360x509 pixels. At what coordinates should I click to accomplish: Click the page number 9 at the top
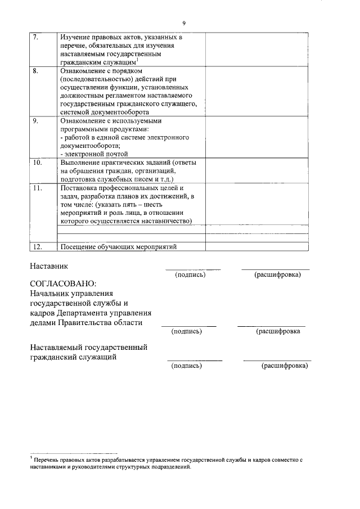pyautogui.click(x=183, y=22)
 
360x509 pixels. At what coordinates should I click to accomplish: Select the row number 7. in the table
pyautogui.click(x=35, y=38)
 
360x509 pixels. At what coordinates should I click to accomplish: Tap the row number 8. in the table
pyautogui.click(x=35, y=71)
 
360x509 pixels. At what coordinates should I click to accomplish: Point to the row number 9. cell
pyautogui.click(x=35, y=121)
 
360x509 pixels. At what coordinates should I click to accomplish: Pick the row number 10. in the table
pyautogui.click(x=37, y=163)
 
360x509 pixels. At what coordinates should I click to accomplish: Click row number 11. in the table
pyautogui.click(x=37, y=188)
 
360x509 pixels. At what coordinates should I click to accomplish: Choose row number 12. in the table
pyautogui.click(x=37, y=246)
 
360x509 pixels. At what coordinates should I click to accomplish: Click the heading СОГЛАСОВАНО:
pyautogui.click(x=63, y=283)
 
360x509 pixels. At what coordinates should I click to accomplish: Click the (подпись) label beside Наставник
pyautogui.click(x=190, y=274)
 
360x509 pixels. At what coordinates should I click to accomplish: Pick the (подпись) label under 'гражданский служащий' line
pyautogui.click(x=187, y=366)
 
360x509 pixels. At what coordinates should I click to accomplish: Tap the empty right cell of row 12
pyautogui.click(x=256, y=246)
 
